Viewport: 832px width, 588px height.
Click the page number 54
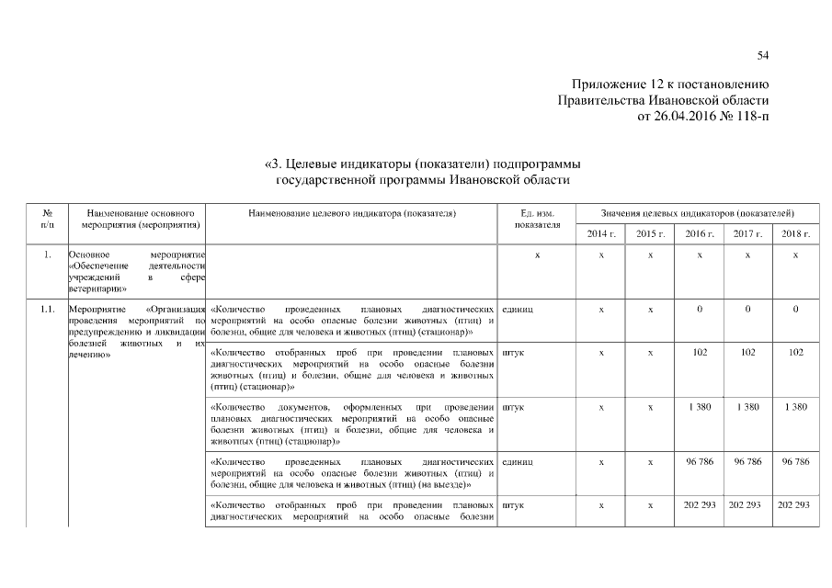click(762, 56)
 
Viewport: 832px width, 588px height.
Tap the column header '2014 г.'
click(600, 234)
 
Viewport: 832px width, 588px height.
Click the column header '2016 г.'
click(700, 234)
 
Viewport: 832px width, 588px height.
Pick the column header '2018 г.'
click(795, 234)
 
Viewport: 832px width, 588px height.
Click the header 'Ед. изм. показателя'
click(538, 218)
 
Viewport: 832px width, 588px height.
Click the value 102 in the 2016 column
click(700, 352)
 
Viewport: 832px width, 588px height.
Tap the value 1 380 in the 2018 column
click(795, 406)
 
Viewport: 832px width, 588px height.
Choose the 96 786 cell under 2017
click(747, 461)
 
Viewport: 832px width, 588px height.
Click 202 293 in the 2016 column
click(700, 505)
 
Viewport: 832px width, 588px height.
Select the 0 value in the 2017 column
click(747, 310)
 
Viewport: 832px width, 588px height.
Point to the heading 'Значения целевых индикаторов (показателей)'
click(698, 212)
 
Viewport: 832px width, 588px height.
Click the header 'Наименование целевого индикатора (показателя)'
click(353, 212)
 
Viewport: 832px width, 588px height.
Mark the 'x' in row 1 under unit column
click(538, 254)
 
